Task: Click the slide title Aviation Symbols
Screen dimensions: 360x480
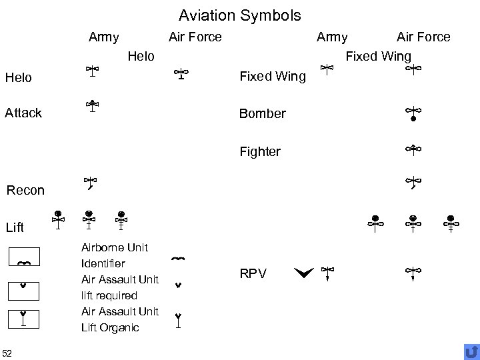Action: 240,15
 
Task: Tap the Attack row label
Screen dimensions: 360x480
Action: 23,113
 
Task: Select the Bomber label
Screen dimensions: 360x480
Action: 262,113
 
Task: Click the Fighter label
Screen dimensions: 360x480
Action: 260,151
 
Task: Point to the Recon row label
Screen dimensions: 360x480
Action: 25,190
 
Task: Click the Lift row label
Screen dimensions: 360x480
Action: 15,228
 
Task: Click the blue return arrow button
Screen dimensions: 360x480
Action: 471,351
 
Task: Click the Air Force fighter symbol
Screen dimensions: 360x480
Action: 413,150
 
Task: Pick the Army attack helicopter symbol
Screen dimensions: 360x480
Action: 93,107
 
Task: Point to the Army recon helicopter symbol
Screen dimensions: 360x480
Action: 91,183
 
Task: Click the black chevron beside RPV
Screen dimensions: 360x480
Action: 303,271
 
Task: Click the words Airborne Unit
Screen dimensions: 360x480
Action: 114,247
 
